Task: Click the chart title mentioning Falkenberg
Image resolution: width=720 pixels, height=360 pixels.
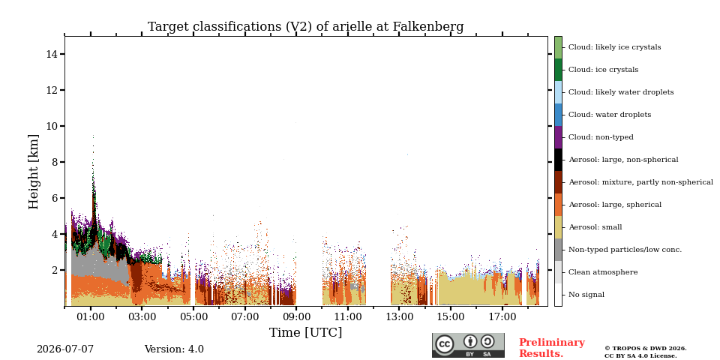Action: coord(305,27)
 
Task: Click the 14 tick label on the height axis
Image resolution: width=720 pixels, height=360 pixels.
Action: coord(52,54)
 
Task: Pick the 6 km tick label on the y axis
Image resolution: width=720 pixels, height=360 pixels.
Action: coord(55,198)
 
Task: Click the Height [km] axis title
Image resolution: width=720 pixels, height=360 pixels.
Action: coord(34,172)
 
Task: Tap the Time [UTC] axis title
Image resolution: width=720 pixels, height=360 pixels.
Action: coord(305,332)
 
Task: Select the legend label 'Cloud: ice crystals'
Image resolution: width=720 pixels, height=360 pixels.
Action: coord(603,70)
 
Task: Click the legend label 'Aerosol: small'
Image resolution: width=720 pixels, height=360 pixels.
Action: coord(595,227)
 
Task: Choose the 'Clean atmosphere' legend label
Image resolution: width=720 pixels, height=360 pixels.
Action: coord(603,272)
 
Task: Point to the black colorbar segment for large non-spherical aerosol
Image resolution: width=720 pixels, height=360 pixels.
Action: coord(558,160)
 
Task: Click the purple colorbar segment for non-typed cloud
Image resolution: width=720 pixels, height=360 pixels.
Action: coord(558,137)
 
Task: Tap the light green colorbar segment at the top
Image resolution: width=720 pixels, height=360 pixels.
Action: coord(558,47)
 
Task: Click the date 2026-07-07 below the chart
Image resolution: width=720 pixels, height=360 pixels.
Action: coord(65,349)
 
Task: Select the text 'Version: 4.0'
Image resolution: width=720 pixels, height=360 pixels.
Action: coord(174,349)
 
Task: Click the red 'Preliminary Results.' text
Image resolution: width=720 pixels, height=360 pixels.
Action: coord(552,348)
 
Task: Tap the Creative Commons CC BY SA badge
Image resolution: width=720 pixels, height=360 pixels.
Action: coord(468,345)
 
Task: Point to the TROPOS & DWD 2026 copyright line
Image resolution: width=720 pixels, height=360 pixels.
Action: coord(646,349)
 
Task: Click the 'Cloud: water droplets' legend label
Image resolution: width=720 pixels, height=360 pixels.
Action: coord(610,115)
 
